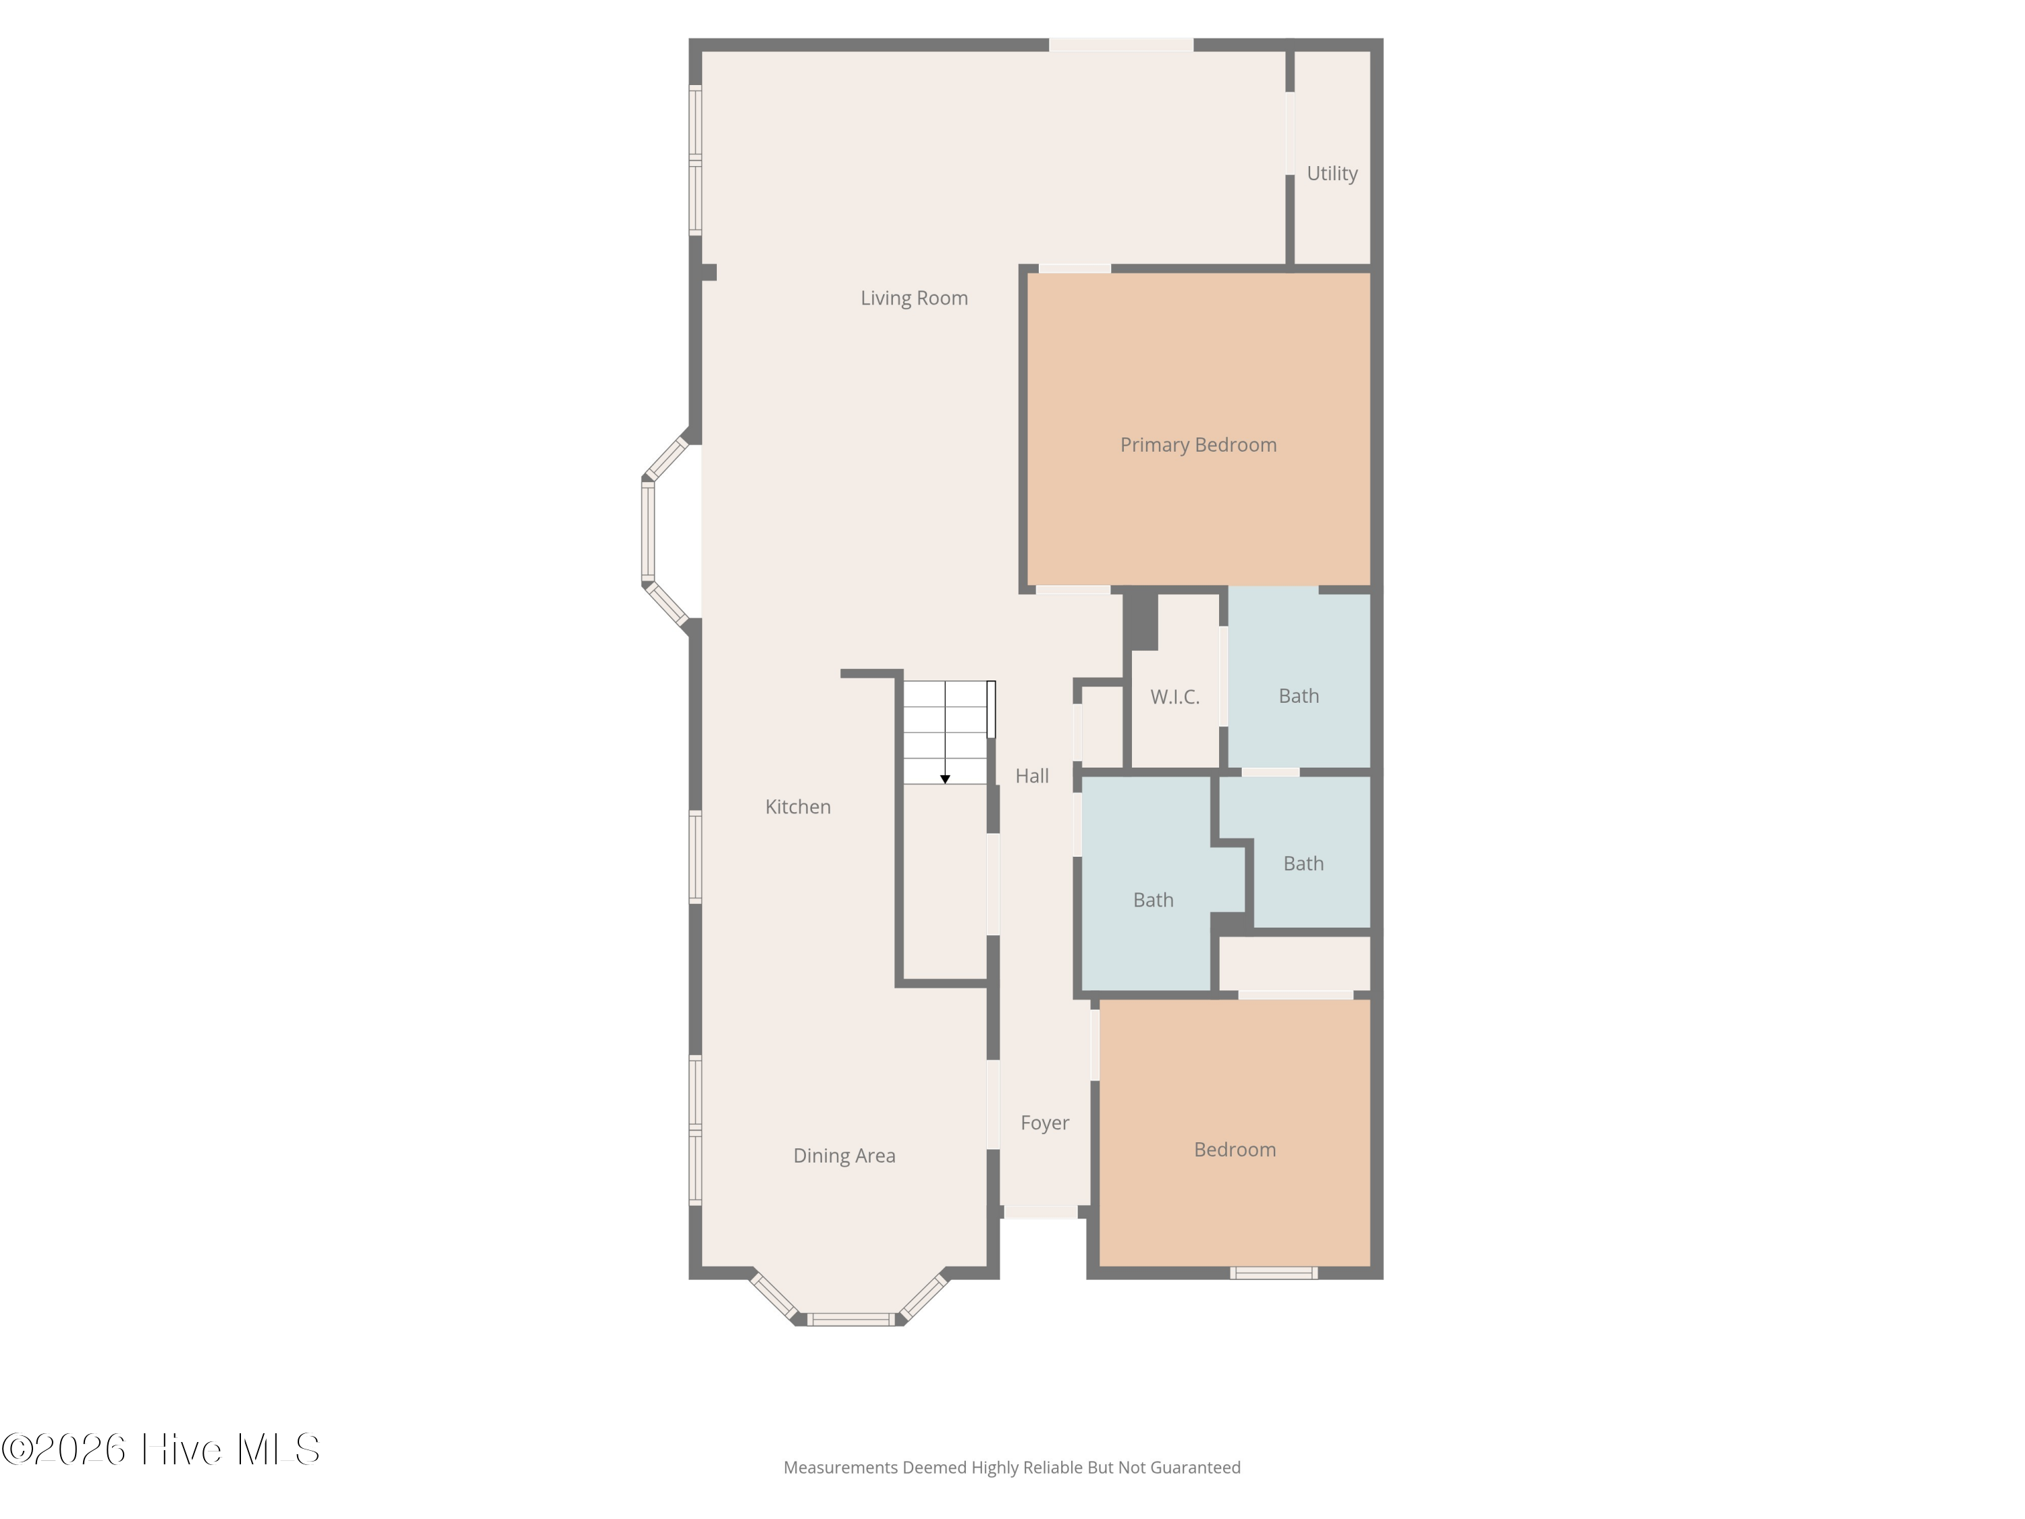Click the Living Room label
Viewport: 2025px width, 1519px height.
(x=914, y=298)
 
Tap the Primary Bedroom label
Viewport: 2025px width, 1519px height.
(x=1197, y=444)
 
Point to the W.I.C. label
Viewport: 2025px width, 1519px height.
(x=1174, y=697)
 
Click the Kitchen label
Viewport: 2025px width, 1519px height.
(x=797, y=807)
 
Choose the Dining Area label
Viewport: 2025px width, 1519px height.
(x=844, y=1156)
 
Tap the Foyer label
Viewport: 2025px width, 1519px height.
(x=1044, y=1123)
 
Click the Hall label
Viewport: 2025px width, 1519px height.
(x=1031, y=776)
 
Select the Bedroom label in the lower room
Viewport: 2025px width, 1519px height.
(x=1234, y=1149)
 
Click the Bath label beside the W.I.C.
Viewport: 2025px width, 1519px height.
(x=1298, y=696)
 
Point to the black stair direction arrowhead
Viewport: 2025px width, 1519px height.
(x=945, y=779)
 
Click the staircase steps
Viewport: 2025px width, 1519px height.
(x=945, y=732)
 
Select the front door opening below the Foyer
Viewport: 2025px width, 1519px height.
(x=1041, y=1212)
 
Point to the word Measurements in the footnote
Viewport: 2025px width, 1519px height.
(x=840, y=1468)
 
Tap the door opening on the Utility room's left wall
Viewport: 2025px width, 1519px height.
(x=1289, y=133)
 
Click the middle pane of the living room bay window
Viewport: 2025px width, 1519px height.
(x=648, y=531)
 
